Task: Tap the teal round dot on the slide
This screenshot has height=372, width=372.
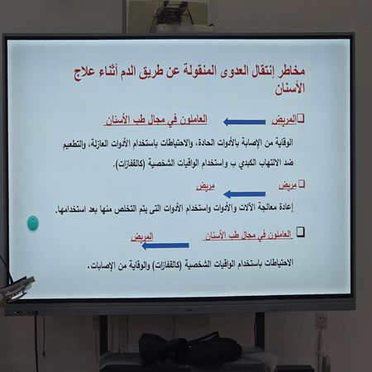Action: tap(33, 222)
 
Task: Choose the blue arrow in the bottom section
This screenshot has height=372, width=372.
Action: tap(165, 244)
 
